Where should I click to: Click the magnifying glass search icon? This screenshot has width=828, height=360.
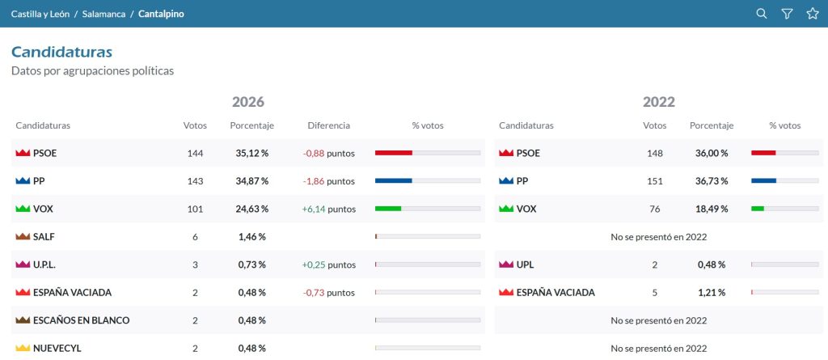(762, 14)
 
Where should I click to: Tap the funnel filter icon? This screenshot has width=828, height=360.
(787, 14)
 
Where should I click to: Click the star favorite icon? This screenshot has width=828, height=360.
(813, 14)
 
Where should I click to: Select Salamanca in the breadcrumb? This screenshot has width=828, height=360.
(104, 14)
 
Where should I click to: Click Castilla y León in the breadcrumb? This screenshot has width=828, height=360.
(40, 14)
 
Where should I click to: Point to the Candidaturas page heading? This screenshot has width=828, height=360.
(61, 53)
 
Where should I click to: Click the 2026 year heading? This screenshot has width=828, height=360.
(248, 101)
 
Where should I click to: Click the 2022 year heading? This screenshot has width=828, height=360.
(659, 101)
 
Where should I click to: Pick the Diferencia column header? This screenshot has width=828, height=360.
(328, 126)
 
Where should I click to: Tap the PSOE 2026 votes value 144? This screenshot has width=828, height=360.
(195, 154)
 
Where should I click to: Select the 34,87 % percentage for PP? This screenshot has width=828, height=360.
(252, 181)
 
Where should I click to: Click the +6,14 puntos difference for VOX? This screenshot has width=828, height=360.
(328, 210)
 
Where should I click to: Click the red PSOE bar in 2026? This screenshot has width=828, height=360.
(394, 153)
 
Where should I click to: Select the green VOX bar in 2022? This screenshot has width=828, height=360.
(758, 209)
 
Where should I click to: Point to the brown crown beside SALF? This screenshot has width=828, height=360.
(23, 237)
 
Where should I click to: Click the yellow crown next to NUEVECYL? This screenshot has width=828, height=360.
(23, 349)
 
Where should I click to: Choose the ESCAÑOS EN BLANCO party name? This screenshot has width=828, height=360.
(82, 320)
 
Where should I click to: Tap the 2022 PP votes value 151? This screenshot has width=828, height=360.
(655, 181)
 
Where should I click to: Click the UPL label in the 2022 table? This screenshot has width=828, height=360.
(525, 265)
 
